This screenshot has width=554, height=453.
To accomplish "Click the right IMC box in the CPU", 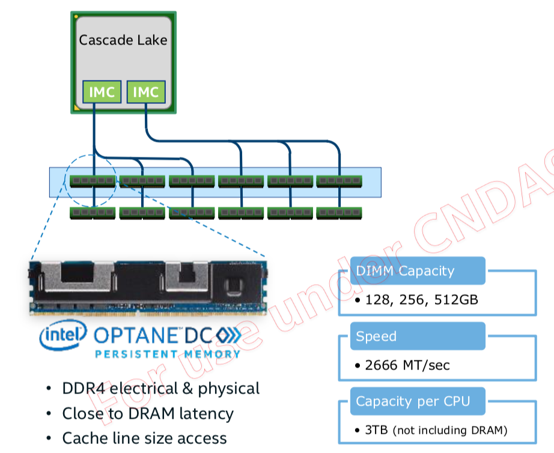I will point(145,92).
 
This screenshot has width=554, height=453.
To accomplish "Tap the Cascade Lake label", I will point(123,40).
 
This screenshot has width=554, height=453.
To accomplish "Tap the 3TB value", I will point(376,430).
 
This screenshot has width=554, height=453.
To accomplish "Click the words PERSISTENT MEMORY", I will point(168,354).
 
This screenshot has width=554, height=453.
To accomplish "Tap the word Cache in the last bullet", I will point(82,438).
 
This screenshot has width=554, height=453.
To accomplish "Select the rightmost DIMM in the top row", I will point(339,180).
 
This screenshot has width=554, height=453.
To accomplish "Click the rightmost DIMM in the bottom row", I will point(339,212).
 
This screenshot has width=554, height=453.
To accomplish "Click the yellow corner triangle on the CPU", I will point(76,107).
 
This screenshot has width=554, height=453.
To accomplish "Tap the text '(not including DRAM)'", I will point(449,430).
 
